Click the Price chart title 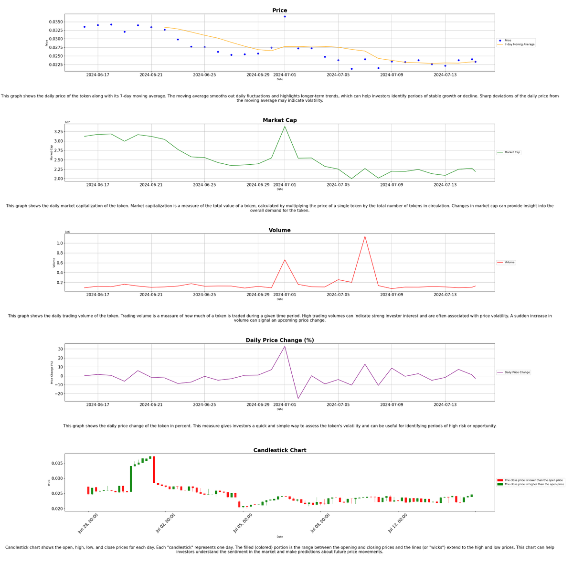click(x=279, y=11)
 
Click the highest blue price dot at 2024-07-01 click(x=285, y=17)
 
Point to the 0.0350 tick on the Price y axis click(x=56, y=22)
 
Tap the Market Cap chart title click(x=279, y=120)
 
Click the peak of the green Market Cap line click(x=285, y=127)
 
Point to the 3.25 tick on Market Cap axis click(x=57, y=132)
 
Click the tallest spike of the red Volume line click(x=365, y=236)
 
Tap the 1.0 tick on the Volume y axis click(x=60, y=244)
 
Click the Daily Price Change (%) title click(x=279, y=340)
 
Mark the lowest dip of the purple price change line click(x=298, y=399)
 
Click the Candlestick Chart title click(x=279, y=450)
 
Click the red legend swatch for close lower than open click(x=500, y=480)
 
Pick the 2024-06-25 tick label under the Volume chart click(x=204, y=295)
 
